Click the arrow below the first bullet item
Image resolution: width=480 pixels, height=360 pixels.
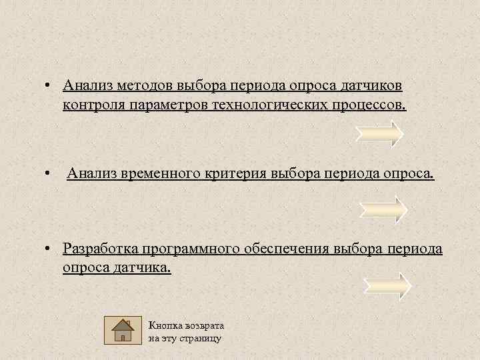(x=379, y=133)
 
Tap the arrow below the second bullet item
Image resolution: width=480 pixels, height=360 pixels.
(x=383, y=209)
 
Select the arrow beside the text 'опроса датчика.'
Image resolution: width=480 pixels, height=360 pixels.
(x=387, y=285)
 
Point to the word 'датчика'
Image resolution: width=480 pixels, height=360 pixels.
(x=143, y=267)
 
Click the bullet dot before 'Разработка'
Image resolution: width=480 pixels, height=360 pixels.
(x=49, y=249)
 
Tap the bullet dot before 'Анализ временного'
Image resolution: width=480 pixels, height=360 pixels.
(x=49, y=175)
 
